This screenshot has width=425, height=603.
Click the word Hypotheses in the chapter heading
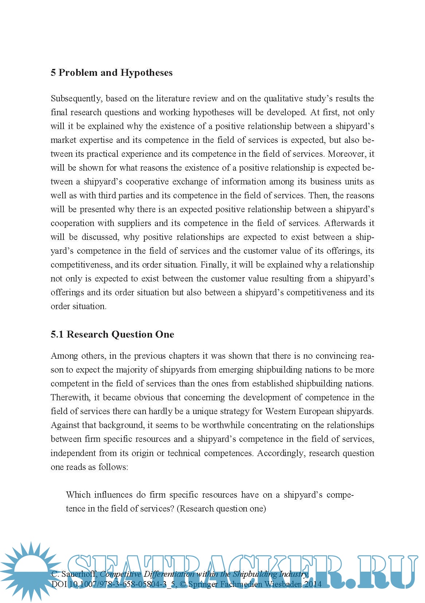point(147,73)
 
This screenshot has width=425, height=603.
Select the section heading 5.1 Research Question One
point(112,334)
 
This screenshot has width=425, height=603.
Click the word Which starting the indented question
point(78,495)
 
